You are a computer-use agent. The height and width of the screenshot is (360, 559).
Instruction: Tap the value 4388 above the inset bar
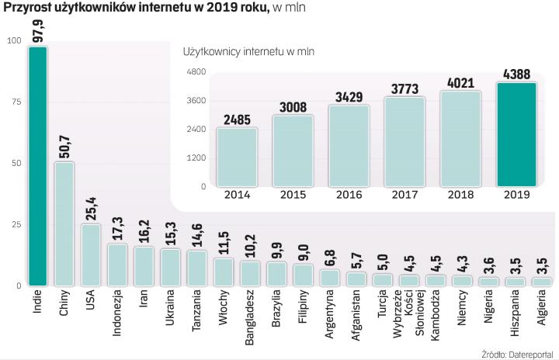pos(515,74)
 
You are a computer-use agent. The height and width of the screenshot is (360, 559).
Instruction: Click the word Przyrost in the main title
pos(30,8)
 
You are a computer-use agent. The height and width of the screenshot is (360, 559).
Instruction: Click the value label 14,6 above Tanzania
pos(197,234)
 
